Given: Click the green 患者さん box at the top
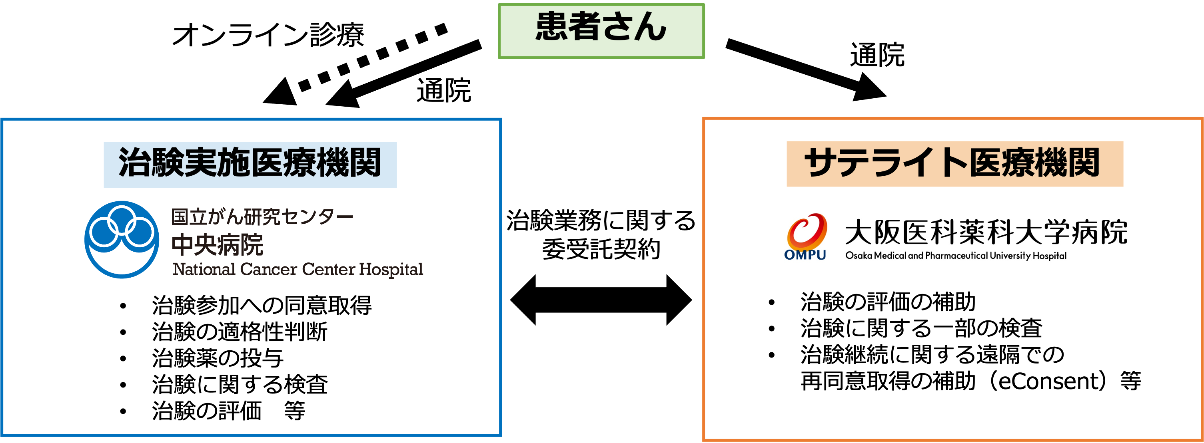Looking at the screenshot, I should pos(601,31).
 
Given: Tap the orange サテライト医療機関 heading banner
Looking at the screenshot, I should pos(954,163).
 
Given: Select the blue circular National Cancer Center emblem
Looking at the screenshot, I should pos(122,239).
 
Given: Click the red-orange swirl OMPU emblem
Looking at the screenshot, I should pos(806,230).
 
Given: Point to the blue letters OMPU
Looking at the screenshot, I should pos(805,255).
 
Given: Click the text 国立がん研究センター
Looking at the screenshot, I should pos(262,217).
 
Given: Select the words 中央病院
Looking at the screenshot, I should pos(218,244).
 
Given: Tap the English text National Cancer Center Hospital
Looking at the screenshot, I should pos(298,269).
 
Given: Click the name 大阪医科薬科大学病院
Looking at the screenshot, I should pos(986,232).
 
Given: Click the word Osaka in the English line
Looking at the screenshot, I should pos(859,256).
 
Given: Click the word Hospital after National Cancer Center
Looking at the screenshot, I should pos(391,270).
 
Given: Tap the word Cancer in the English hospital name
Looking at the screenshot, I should pos(268,269).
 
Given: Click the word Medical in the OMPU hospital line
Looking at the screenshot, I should pos(890,256).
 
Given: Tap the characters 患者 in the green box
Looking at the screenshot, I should pos(567,27).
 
